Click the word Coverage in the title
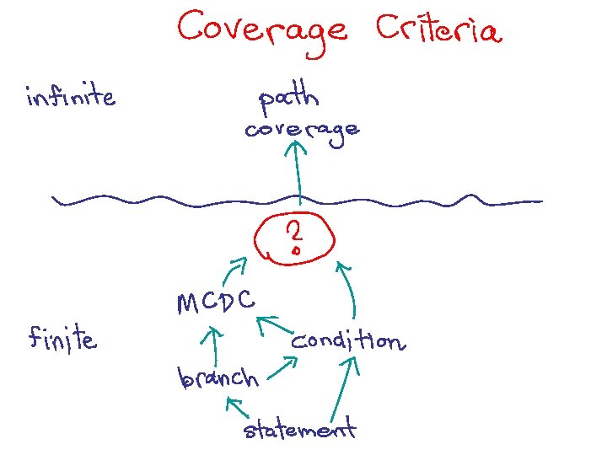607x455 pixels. pyautogui.click(x=262, y=29)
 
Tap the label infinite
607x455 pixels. pyautogui.click(x=70, y=98)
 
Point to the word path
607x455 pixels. pyautogui.click(x=288, y=99)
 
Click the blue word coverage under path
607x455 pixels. pyautogui.click(x=302, y=131)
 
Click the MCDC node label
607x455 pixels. pyautogui.click(x=217, y=301)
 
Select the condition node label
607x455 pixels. pyautogui.click(x=347, y=341)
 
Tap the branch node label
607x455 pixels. pyautogui.click(x=218, y=377)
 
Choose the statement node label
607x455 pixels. pyautogui.click(x=299, y=431)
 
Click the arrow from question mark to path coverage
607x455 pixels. pyautogui.click(x=298, y=173)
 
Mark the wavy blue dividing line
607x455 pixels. pyautogui.click(x=169, y=201)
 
